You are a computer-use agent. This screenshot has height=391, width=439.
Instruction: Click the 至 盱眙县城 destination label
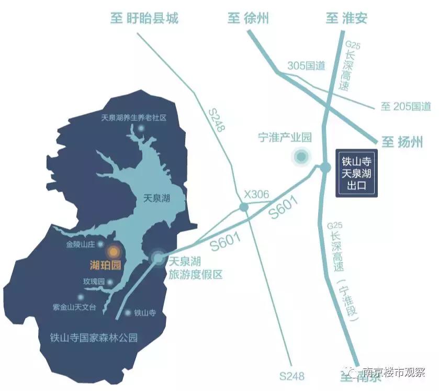(144, 19)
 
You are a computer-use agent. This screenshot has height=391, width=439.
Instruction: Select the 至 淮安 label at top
(346, 19)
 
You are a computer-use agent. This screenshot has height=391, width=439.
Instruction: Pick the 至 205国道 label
(406, 107)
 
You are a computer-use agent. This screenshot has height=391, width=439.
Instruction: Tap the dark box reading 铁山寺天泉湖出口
(356, 173)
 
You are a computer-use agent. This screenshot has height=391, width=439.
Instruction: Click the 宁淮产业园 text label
(285, 138)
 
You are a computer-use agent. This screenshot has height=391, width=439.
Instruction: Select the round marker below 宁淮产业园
(301, 156)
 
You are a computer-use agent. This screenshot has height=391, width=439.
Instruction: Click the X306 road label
(256, 195)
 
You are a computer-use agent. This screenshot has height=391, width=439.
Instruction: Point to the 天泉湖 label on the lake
(157, 198)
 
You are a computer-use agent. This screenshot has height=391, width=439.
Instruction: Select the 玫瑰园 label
(94, 282)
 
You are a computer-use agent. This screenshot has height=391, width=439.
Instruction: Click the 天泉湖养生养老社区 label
(133, 118)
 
